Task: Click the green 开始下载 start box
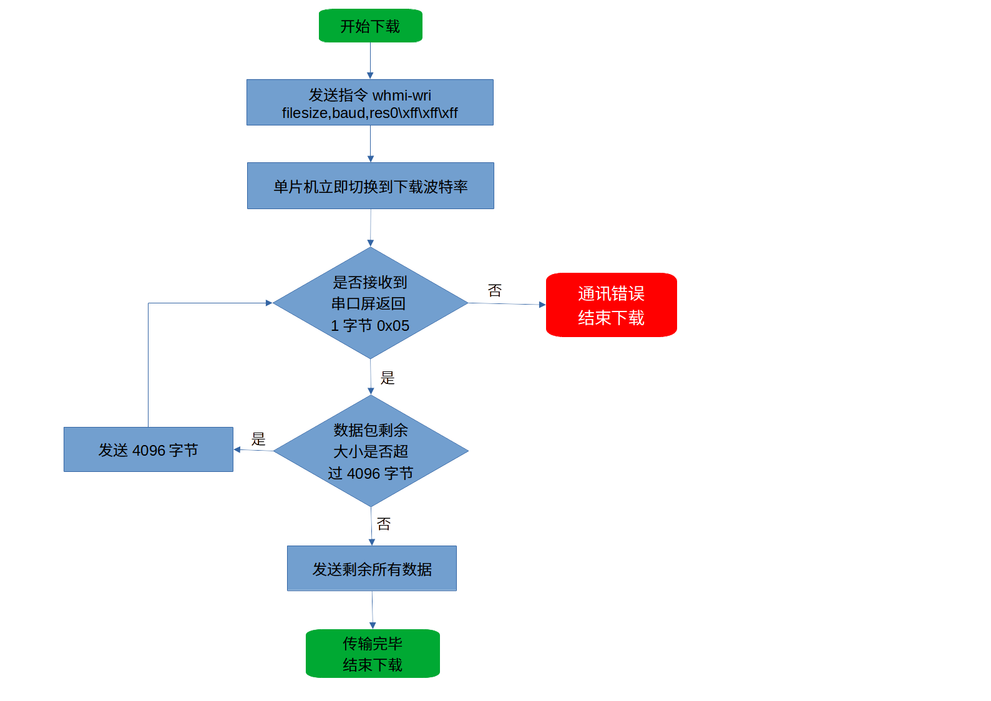click(370, 26)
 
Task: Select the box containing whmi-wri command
click(369, 102)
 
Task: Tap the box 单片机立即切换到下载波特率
click(370, 186)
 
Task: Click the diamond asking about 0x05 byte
click(370, 303)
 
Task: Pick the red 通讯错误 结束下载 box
click(611, 305)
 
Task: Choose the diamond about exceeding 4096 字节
click(371, 451)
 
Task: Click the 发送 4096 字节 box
click(148, 449)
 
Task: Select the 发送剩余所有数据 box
click(372, 569)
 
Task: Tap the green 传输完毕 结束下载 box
click(373, 654)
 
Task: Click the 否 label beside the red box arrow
click(495, 290)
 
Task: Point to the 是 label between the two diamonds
click(388, 378)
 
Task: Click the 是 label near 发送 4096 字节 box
click(258, 439)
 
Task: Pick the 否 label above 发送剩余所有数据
click(384, 524)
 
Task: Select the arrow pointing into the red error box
click(507, 304)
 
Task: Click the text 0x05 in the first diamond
click(393, 326)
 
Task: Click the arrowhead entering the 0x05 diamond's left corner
click(269, 303)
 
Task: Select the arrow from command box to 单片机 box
click(370, 144)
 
